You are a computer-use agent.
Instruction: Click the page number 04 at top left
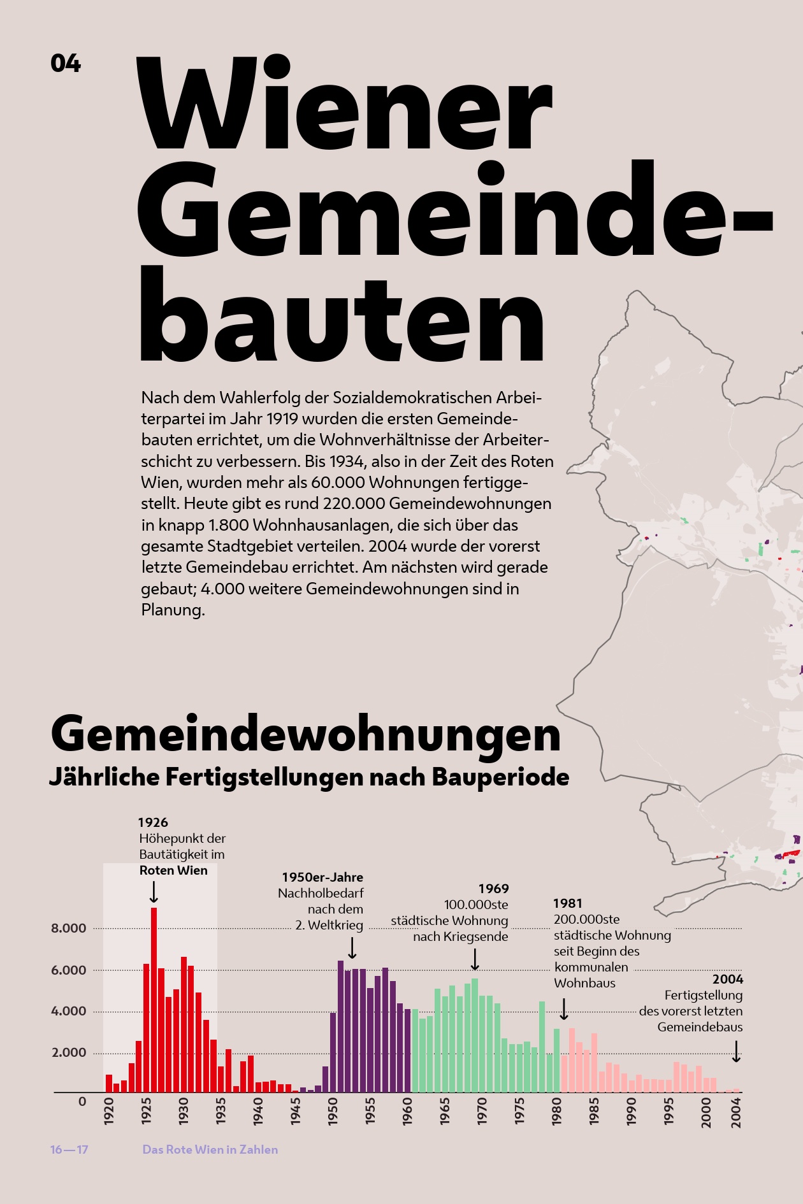66,63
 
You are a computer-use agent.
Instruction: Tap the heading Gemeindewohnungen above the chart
305,734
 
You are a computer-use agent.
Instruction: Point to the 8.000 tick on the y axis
69,928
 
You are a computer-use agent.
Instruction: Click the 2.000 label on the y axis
69,1052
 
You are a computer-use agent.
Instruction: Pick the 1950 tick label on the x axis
333,1111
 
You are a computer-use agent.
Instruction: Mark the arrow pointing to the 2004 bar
736,1052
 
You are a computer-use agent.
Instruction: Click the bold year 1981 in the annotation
568,903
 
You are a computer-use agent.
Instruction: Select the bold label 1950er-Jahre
322,877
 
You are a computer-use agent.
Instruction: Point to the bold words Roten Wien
173,870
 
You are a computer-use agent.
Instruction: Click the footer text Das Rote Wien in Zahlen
210,1150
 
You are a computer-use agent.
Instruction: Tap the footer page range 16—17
69,1150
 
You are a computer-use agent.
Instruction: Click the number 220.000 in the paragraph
354,503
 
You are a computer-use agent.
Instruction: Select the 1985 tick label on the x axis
594,1111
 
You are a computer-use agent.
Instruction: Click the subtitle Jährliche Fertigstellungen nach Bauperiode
309,777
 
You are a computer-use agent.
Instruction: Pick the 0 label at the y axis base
82,1101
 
